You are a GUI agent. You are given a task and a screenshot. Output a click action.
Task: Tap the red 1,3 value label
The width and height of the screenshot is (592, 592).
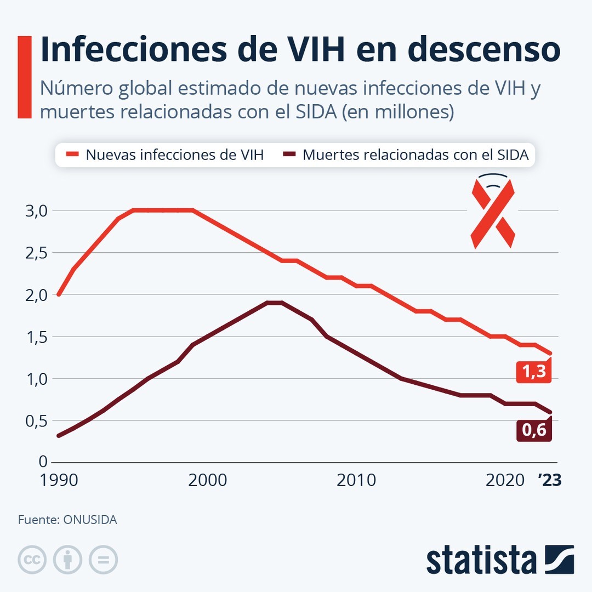pos(534,372)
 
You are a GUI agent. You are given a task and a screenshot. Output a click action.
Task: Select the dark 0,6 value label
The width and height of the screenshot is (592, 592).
pos(534,430)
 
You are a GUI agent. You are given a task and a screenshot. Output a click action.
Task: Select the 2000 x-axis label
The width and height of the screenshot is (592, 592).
pos(207,480)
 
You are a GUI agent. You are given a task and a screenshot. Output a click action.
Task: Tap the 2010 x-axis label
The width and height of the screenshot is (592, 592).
pos(356,480)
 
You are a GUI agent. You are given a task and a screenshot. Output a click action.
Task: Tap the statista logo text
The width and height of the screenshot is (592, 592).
pos(481,560)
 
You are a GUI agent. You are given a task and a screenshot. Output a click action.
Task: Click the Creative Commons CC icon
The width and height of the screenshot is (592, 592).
pos(32,560)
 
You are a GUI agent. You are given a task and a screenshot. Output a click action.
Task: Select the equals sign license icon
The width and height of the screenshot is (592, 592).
pos(103,560)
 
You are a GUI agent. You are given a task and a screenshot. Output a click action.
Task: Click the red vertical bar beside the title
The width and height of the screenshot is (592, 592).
pos(25,77)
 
